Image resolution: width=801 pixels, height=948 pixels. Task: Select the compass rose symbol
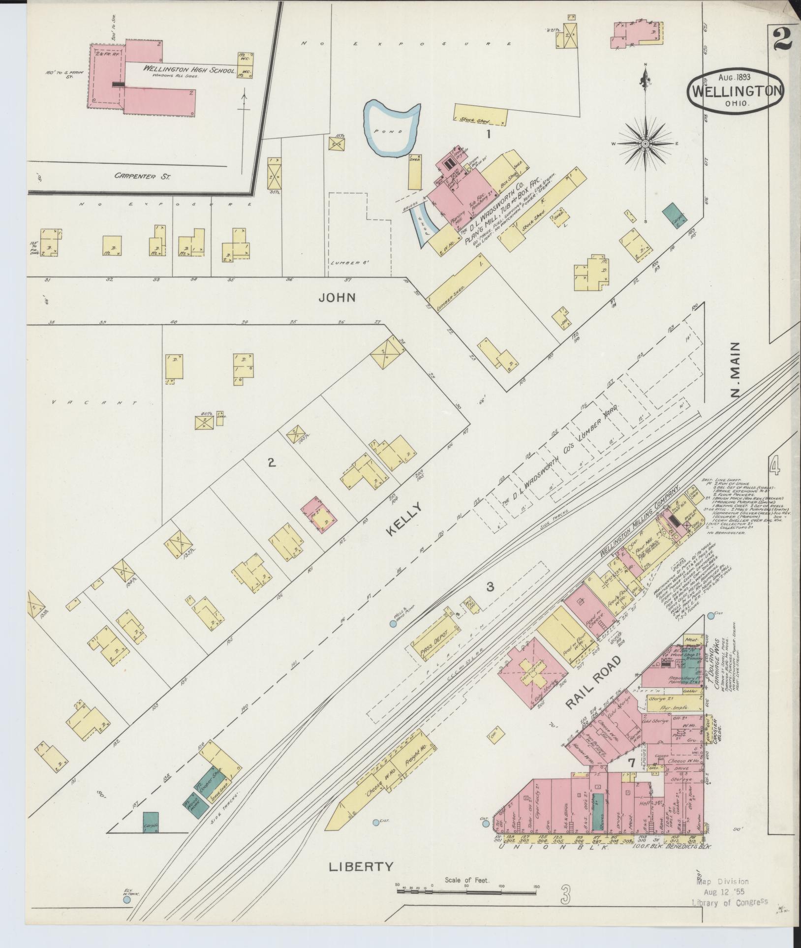coord(645,144)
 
